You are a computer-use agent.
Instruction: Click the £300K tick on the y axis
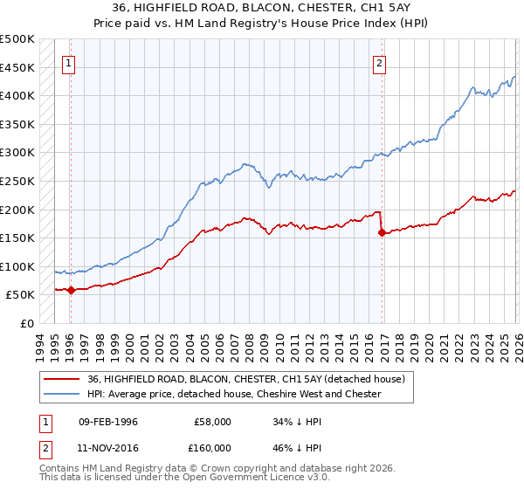click(17, 153)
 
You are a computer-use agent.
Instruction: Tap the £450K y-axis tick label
click(17, 67)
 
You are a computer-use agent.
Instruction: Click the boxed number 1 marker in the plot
click(69, 62)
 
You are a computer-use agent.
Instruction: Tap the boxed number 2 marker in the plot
click(380, 62)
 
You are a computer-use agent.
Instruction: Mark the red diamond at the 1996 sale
click(71, 291)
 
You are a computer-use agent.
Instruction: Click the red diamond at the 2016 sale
click(382, 232)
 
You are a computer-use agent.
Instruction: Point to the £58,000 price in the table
click(213, 421)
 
